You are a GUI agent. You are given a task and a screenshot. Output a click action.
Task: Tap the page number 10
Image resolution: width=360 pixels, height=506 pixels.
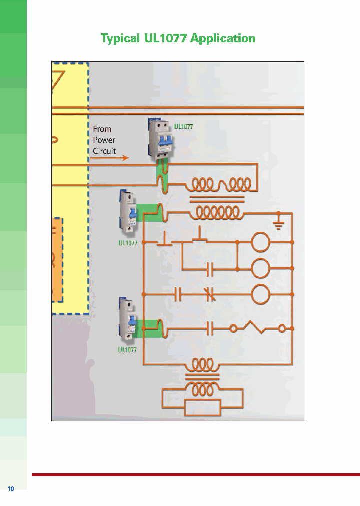(11, 488)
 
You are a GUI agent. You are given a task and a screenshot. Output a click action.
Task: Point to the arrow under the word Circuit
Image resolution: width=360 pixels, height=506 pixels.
(110, 158)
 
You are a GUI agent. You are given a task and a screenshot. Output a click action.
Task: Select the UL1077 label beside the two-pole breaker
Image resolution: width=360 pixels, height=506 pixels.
(183, 127)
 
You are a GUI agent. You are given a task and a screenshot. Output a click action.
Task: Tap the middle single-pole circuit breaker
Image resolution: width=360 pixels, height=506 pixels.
(128, 212)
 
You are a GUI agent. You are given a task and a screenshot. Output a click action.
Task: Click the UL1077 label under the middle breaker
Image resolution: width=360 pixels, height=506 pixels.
(127, 243)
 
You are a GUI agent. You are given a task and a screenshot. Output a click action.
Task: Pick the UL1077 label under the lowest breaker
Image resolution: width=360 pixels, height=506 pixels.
(127, 350)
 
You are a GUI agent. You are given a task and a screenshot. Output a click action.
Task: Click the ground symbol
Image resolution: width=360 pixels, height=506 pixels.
(278, 221)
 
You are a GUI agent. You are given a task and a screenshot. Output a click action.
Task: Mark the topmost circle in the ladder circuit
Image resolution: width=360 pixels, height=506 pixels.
(260, 242)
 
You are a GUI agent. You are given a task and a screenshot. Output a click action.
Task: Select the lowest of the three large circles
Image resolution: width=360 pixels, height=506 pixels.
(260, 295)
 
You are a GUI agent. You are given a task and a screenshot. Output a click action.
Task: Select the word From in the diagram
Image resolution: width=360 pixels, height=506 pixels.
(102, 129)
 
